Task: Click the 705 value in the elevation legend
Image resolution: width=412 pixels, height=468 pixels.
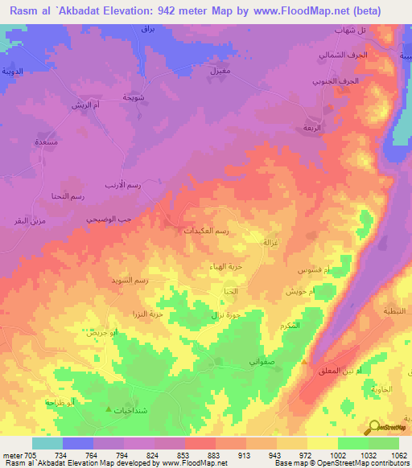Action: tap(27, 454)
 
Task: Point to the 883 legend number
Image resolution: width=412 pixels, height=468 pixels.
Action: tap(213, 454)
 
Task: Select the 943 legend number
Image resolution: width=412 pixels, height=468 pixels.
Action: tap(274, 454)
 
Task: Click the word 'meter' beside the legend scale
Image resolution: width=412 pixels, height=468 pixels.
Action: tap(9, 454)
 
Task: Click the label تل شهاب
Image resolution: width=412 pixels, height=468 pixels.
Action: tap(351, 30)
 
